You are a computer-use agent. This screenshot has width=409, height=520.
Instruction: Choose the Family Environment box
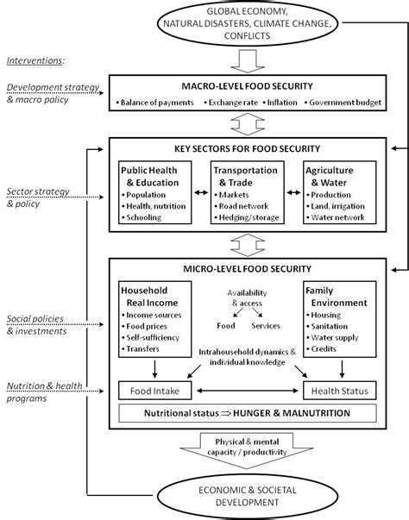(x=340, y=322)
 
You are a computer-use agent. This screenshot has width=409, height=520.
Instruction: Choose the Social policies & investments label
(x=39, y=324)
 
